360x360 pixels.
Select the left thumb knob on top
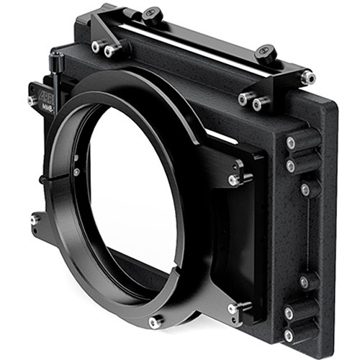[152, 14]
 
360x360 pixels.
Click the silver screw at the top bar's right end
[307, 76]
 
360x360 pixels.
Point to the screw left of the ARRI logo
[32, 100]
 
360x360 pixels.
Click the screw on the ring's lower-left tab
[34, 219]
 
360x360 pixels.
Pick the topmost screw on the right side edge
[290, 143]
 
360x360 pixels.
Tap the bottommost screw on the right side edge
[289, 336]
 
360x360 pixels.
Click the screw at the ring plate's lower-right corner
[233, 309]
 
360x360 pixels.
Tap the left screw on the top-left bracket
[96, 47]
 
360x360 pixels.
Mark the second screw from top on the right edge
[290, 166]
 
